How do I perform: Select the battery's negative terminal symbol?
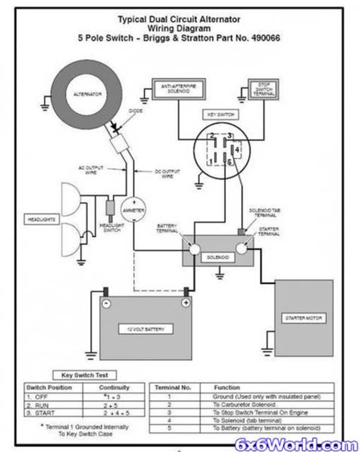pyautogui.click(x=105, y=303)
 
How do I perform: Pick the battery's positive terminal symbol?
pyautogui.click(x=186, y=303)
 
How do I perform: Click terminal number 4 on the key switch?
pyautogui.click(x=238, y=148)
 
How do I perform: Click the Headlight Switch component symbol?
pyautogui.click(x=110, y=207)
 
